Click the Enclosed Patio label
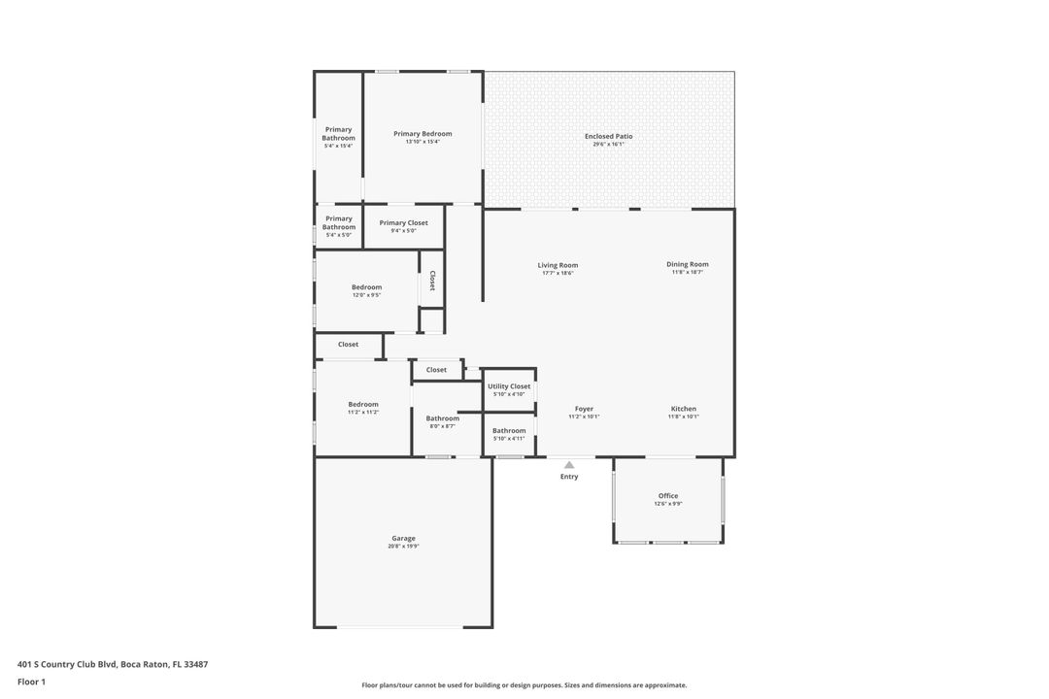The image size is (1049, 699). (608, 136)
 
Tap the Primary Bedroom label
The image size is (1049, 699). (423, 134)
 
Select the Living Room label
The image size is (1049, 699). (558, 265)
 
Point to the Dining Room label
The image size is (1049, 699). (687, 264)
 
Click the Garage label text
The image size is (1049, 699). (403, 538)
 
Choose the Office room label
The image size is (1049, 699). (668, 496)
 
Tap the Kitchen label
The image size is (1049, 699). (683, 409)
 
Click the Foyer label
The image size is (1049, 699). (584, 409)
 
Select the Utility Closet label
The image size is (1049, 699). (509, 386)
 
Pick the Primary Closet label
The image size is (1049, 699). (403, 223)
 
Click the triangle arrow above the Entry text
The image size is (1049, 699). (569, 465)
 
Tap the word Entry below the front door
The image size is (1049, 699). (569, 477)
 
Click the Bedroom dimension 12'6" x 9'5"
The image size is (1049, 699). (366, 295)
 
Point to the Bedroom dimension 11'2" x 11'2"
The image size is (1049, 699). (363, 413)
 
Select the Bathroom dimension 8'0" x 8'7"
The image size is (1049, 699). (442, 426)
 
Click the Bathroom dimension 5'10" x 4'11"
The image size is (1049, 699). (509, 439)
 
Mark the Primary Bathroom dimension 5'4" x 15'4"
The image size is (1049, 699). (338, 146)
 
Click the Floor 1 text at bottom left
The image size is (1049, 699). (31, 682)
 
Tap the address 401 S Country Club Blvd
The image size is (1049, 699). (68, 664)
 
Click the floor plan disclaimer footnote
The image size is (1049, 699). (524, 684)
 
